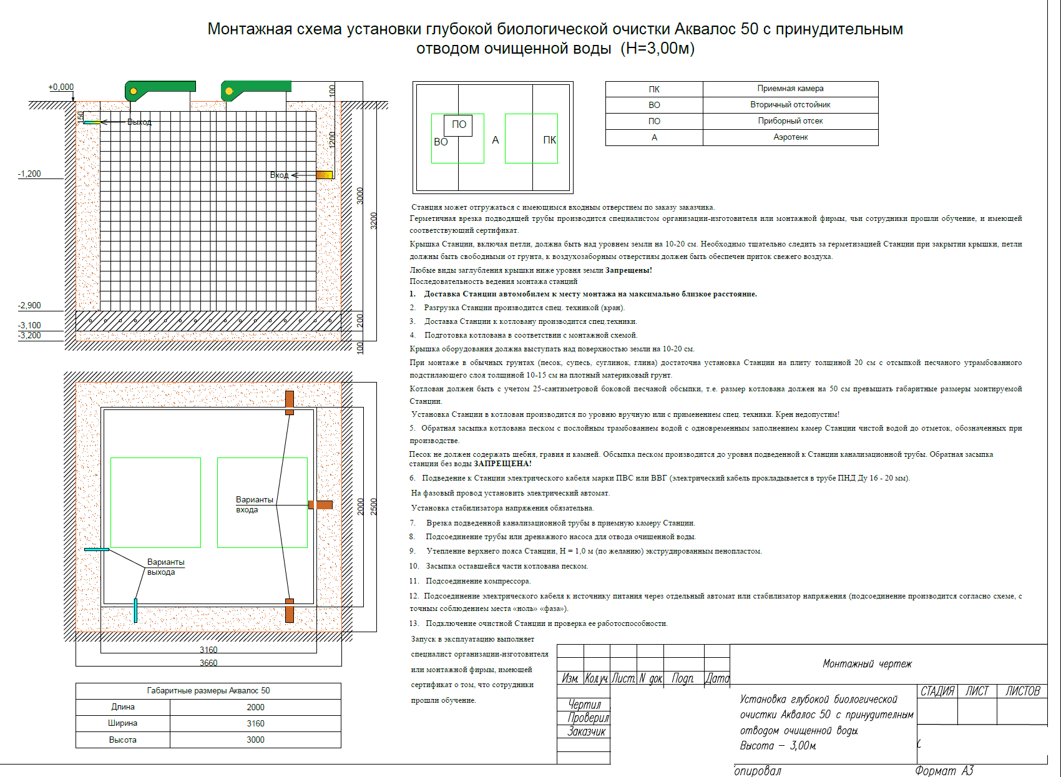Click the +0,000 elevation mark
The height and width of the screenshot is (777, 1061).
coord(61,87)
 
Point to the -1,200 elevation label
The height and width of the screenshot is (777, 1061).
coord(29,173)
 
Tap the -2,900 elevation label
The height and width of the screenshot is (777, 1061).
coord(29,305)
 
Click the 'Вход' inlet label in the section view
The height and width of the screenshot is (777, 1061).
coord(279,175)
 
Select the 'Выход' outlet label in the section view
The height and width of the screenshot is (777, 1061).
coord(139,122)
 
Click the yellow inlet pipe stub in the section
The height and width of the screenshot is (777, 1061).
coord(324,175)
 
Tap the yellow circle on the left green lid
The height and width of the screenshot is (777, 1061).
coord(133,92)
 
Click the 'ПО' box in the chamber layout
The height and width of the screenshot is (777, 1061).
coord(459,125)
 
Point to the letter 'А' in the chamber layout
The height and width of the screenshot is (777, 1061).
coord(496,140)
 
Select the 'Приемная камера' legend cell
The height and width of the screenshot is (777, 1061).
coord(790,89)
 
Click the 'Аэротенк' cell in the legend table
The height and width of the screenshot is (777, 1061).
coord(790,137)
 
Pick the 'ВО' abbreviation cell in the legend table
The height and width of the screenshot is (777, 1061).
coord(654,105)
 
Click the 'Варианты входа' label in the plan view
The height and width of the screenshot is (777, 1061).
coord(254,504)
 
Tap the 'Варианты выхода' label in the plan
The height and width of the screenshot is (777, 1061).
coord(165,567)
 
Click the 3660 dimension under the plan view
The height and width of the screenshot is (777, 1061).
coord(208,663)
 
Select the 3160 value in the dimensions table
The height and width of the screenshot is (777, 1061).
coord(255,723)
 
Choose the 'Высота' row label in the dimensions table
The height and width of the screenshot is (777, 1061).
coord(122,740)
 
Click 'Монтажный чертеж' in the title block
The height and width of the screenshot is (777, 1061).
coord(867,663)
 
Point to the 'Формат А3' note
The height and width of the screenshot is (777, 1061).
coord(944,771)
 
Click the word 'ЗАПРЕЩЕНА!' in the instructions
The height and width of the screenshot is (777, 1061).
coord(502,464)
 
